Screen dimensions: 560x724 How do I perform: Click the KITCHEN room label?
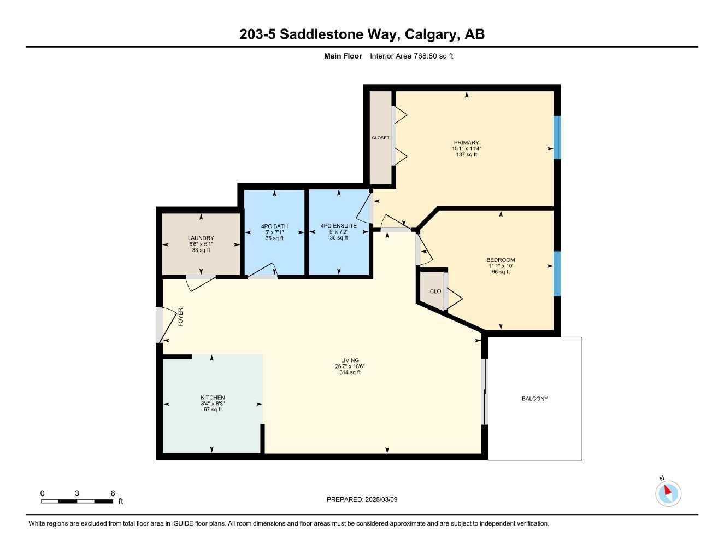tap(213, 398)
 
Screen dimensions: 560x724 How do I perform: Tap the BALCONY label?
tap(534, 399)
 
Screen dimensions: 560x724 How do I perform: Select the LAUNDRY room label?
tap(201, 238)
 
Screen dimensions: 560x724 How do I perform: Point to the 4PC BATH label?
tap(274, 226)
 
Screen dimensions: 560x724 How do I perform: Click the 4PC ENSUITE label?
tap(339, 226)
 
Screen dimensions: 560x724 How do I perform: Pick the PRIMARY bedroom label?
tap(466, 143)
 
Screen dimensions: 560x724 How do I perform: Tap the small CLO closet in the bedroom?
tap(435, 291)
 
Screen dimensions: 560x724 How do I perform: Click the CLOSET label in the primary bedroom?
tap(380, 138)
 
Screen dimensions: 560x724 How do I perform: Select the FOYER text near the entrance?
tap(180, 318)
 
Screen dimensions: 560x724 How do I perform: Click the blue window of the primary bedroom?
tap(557, 137)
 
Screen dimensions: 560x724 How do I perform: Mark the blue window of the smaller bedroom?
tap(557, 273)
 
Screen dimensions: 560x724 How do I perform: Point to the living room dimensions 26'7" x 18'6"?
tap(350, 366)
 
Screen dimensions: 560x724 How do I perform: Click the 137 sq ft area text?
tap(466, 155)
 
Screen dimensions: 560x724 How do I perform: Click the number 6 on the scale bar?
tap(113, 493)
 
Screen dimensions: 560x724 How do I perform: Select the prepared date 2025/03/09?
tap(381, 499)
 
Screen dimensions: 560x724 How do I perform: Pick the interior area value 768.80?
tap(426, 56)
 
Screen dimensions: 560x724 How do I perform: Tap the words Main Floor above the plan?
tap(343, 56)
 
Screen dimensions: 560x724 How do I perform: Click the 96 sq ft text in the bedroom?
tap(501, 272)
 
